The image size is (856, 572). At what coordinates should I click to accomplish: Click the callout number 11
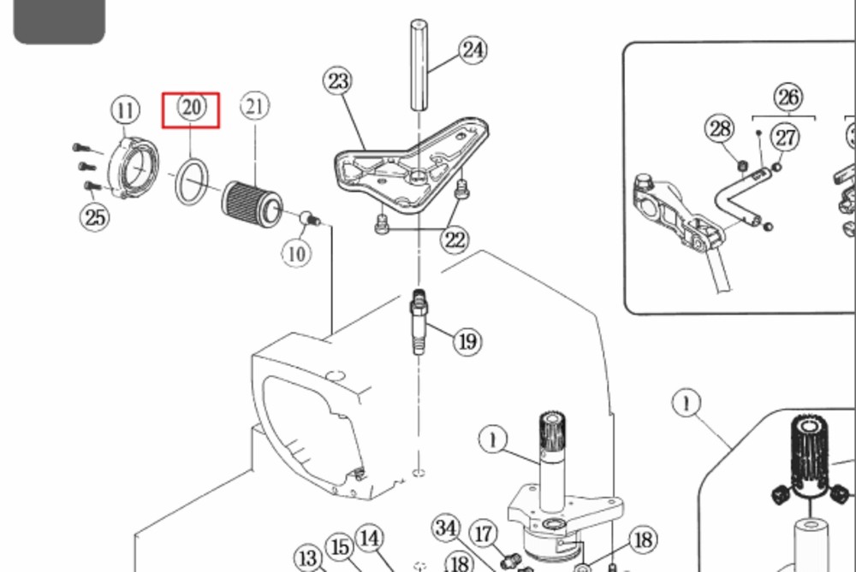[x=126, y=110]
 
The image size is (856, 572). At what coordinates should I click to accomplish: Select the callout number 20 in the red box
[x=191, y=108]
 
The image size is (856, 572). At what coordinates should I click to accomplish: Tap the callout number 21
[x=254, y=106]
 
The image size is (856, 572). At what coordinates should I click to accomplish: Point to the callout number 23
[x=338, y=81]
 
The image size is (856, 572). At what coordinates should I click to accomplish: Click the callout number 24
[x=473, y=50]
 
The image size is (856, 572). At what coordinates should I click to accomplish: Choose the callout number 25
[x=94, y=216]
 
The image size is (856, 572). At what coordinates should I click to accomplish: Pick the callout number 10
[x=296, y=253]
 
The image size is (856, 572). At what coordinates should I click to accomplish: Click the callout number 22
[x=455, y=239]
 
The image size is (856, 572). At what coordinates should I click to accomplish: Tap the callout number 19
[x=467, y=342]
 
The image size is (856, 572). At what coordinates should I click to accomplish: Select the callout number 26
[x=788, y=96]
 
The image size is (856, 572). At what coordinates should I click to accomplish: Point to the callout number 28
[x=720, y=129]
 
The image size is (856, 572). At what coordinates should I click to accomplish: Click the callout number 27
[x=785, y=137]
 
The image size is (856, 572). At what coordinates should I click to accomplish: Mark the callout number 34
[x=308, y=558]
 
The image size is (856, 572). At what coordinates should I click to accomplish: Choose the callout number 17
[x=484, y=534]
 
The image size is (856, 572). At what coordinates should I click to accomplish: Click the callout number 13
[x=308, y=558]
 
